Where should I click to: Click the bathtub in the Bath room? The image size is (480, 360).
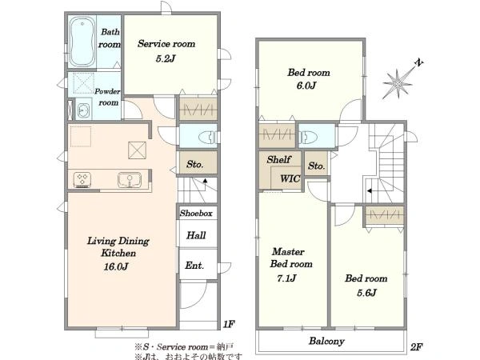pos(82,42)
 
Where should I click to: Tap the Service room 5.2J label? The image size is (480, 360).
pos(166,51)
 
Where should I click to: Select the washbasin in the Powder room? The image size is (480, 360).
pos(83,110)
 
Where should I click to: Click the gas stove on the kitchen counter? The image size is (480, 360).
pos(82,180)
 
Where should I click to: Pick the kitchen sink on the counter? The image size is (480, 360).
pos(130,180)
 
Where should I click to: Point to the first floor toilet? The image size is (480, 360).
pos(209,137)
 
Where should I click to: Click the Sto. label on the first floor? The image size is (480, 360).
pos(195,164)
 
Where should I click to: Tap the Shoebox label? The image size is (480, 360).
pos(196,213)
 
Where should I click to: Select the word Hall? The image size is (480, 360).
pos(196,235)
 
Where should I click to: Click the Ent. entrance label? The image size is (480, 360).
pos(194,265)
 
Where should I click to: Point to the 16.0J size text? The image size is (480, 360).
pos(116,266)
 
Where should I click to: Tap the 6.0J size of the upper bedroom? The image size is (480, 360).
pos(306,86)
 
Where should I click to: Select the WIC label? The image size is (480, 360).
pos(290,178)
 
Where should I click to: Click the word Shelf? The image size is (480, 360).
pos(278,159)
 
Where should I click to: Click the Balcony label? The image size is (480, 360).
pos(326,341)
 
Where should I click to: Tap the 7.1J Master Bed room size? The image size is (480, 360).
pos(286,278)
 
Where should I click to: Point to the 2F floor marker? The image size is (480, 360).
pos(416,347)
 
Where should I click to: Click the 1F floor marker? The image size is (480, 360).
pos(229,324)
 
